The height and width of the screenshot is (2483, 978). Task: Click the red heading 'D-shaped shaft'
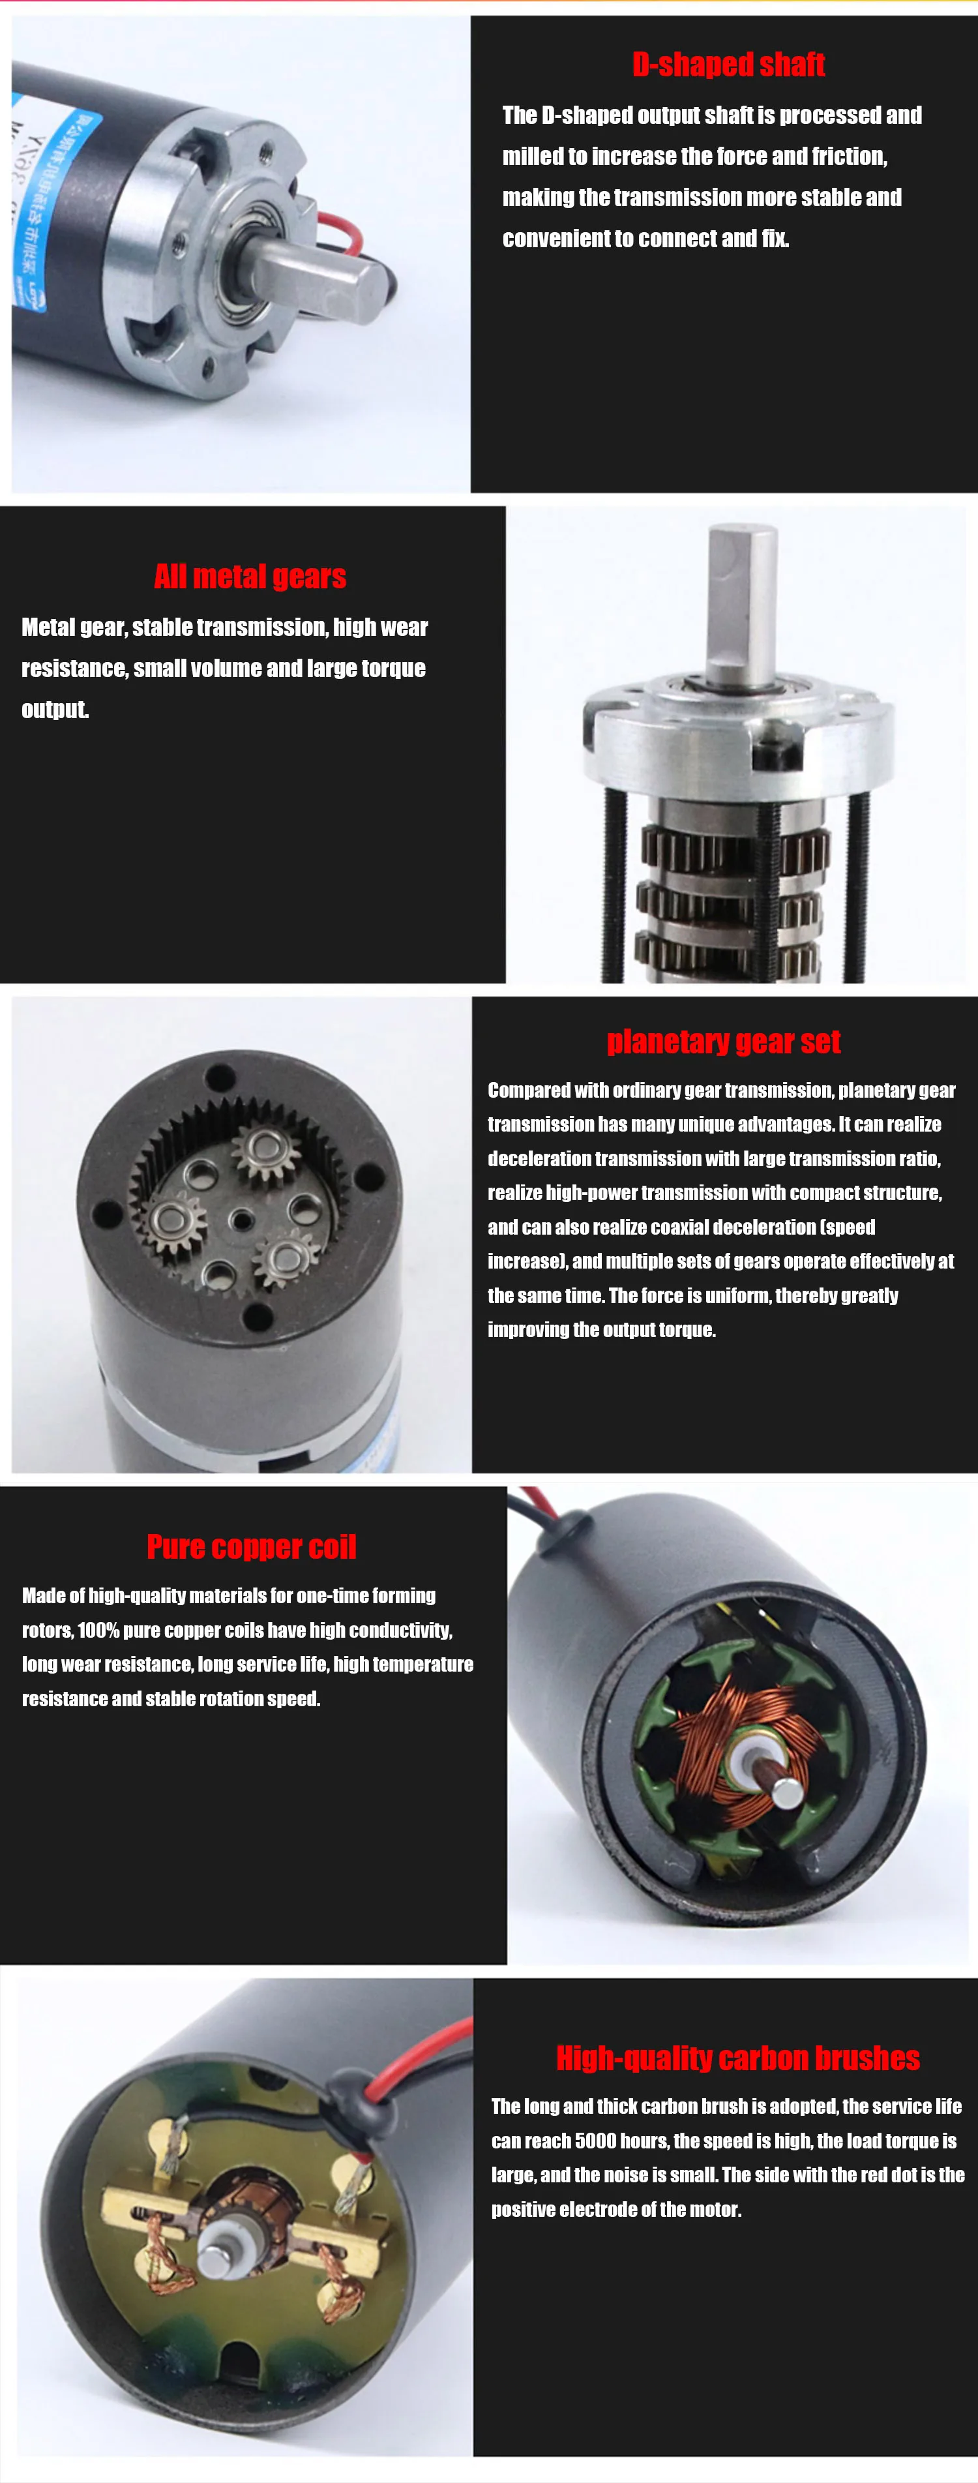pyautogui.click(x=728, y=65)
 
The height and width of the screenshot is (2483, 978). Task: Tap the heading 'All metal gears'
pyautogui.click(x=250, y=577)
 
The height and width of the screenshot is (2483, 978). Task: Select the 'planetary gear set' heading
pyautogui.click(x=724, y=1042)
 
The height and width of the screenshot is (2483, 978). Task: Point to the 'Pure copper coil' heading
pyautogui.click(x=252, y=1547)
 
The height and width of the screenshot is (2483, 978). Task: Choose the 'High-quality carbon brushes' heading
pyautogui.click(x=738, y=2058)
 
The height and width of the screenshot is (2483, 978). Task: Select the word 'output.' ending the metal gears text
pyautogui.click(x=55, y=710)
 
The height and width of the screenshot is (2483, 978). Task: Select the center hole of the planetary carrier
pyautogui.click(x=242, y=1221)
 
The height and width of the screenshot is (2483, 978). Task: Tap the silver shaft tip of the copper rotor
pyautogui.click(x=787, y=1791)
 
